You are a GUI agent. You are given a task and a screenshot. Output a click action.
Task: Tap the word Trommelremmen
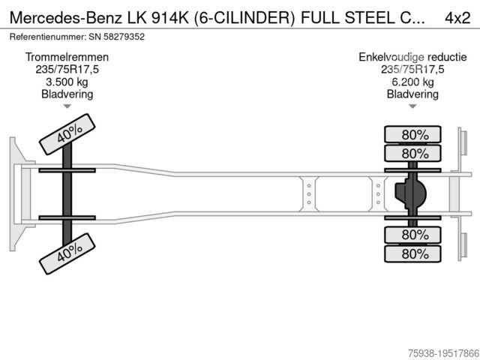click(x=67, y=57)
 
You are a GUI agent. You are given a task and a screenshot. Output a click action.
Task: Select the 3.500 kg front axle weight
click(x=67, y=82)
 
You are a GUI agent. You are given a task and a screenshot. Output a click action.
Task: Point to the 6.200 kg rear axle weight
click(x=412, y=82)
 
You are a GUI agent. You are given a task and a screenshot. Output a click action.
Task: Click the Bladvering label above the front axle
click(x=67, y=94)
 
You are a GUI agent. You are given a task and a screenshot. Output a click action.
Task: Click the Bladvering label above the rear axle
click(x=412, y=94)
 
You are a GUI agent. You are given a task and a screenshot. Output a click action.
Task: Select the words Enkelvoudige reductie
click(x=412, y=57)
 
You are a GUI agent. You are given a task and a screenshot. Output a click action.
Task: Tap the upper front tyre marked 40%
click(x=68, y=133)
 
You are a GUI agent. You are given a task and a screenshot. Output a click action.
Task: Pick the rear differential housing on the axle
click(x=411, y=194)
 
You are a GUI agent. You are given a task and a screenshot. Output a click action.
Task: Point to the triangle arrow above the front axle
click(x=67, y=107)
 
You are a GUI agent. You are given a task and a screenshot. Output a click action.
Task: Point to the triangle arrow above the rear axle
click(x=412, y=107)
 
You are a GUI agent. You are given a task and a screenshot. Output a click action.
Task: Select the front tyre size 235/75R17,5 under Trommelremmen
click(x=67, y=69)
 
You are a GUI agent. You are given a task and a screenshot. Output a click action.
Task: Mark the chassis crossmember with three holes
click(x=308, y=194)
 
